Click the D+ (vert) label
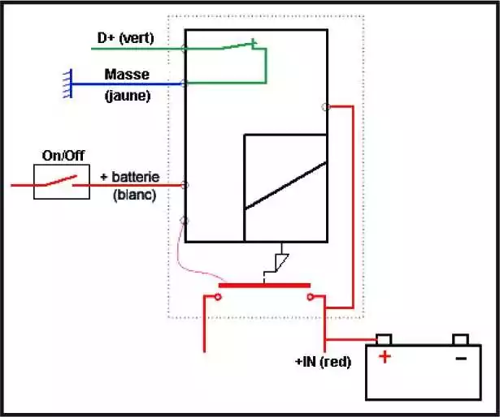pos(126,38)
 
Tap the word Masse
pos(127,75)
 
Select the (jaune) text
pos(128,96)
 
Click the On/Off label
pos(63,156)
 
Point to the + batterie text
pos(130,177)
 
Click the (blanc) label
pos(135,196)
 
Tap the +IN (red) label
pos(324,362)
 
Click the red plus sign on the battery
pos(385,357)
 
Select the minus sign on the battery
pos(461,359)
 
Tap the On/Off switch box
pos(34,182)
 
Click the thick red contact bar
pos(264,286)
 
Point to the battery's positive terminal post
pos(384,339)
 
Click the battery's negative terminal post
pos(460,339)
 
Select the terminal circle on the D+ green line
pos(185,49)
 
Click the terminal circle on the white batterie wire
pos(185,185)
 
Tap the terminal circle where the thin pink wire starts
pos(185,221)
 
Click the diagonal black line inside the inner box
pos(285,186)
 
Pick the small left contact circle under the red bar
pos(218,297)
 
